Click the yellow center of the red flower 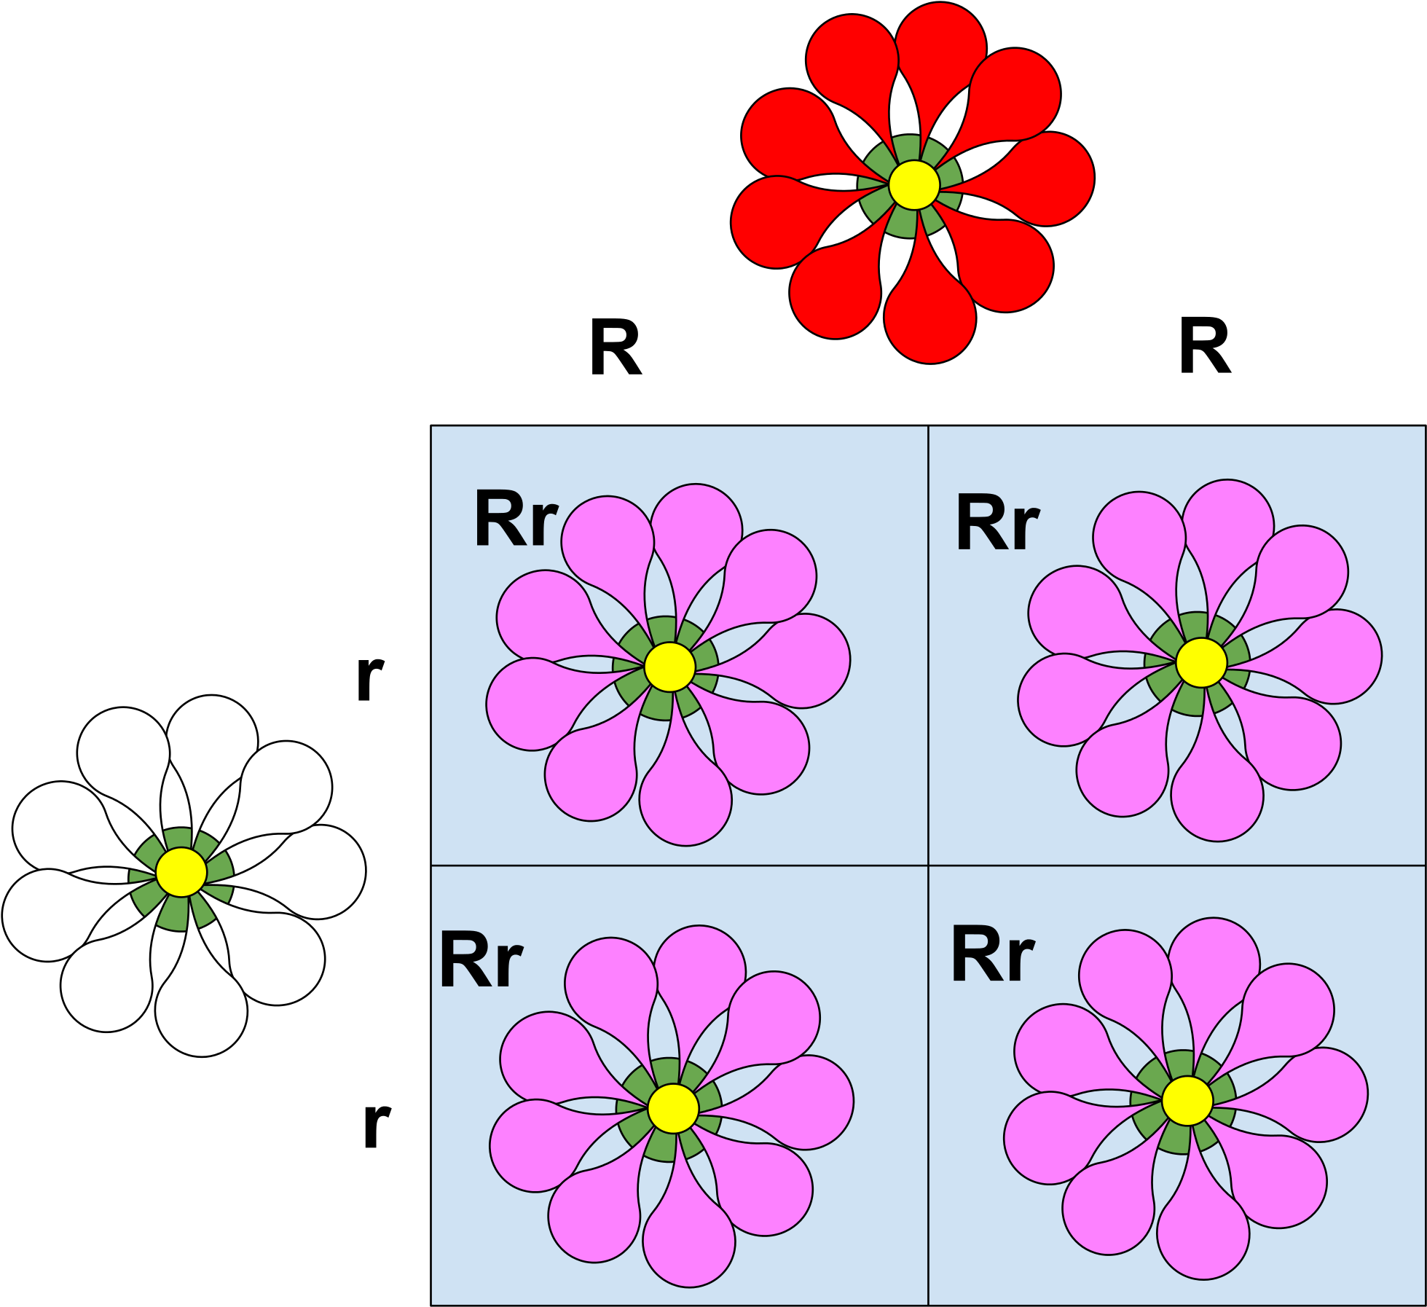coord(914,185)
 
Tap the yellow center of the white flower coord(181,871)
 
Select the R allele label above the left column coord(616,348)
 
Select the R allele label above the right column coord(1205,346)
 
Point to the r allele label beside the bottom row coord(377,1125)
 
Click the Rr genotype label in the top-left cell coord(516,518)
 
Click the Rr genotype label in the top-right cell coord(997,522)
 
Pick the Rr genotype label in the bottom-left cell coord(481,959)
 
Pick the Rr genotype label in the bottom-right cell coord(993,954)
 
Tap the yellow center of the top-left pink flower coord(670,667)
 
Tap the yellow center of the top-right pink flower coord(1202,662)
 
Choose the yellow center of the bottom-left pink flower coord(674,1108)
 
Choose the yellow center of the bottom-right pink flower coord(1187,1101)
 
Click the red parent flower coord(913,182)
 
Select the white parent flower coord(184,875)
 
